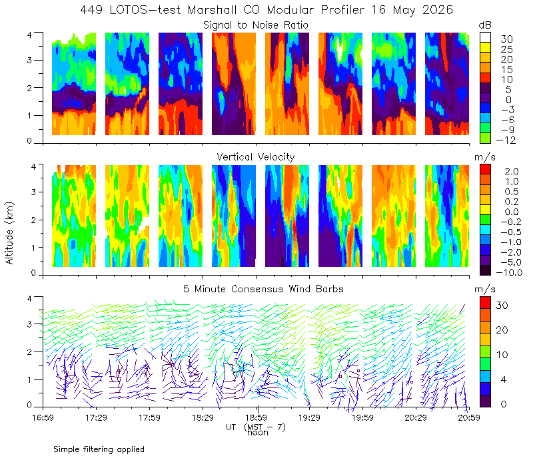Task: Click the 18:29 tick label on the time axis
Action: pos(203,417)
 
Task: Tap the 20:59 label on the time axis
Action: pos(469,417)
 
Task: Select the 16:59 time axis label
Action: pos(43,417)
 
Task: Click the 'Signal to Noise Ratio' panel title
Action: pos(256,25)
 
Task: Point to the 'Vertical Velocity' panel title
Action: pos(256,157)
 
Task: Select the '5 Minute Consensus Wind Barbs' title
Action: pos(263,289)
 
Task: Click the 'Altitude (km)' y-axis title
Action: pos(9,233)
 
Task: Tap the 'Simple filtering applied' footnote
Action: pos(99,449)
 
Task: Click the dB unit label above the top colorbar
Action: pos(485,25)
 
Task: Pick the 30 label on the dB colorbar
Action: pos(506,39)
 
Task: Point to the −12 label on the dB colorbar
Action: pos(506,140)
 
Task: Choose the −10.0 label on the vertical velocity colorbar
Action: pos(509,272)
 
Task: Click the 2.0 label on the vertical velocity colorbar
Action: pos(512,172)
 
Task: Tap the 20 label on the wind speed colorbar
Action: pos(502,330)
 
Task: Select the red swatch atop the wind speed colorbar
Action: pos(485,303)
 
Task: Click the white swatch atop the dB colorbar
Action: pos(485,37)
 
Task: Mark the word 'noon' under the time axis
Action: pos(258,433)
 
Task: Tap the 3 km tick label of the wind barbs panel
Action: pos(29,324)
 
